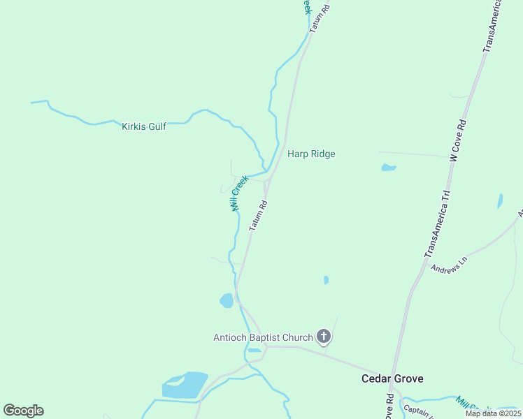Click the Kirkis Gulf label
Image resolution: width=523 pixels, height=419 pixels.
click(144, 126)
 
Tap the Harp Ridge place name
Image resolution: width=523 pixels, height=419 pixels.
click(311, 154)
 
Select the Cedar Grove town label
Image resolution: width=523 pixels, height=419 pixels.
click(392, 378)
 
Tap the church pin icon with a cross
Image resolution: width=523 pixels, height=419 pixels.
click(324, 337)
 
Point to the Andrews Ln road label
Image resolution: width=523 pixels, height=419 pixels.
click(448, 267)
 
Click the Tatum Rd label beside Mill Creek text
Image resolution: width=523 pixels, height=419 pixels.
click(259, 216)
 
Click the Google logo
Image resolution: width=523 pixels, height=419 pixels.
click(23, 411)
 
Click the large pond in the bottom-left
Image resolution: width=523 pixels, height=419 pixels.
click(185, 385)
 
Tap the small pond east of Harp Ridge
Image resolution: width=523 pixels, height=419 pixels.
click(389, 168)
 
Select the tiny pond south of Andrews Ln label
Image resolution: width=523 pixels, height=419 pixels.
click(326, 280)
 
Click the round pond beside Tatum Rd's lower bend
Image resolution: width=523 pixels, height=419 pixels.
click(227, 301)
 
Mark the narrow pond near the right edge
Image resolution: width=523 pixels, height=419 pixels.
click(499, 201)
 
